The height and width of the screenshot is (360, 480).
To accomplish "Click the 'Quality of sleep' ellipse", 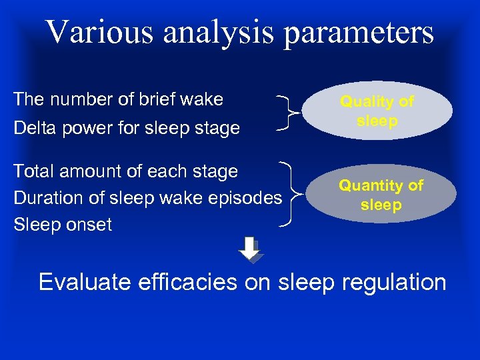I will pyautogui.click(x=377, y=111).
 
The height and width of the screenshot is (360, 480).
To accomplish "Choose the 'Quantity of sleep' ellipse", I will pyautogui.click(x=381, y=195).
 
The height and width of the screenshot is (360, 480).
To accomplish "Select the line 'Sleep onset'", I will pyautogui.click(x=63, y=225).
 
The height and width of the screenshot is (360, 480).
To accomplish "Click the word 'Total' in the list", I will pyautogui.click(x=35, y=171).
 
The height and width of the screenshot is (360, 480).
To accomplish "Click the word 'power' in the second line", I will pyautogui.click(x=87, y=128).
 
